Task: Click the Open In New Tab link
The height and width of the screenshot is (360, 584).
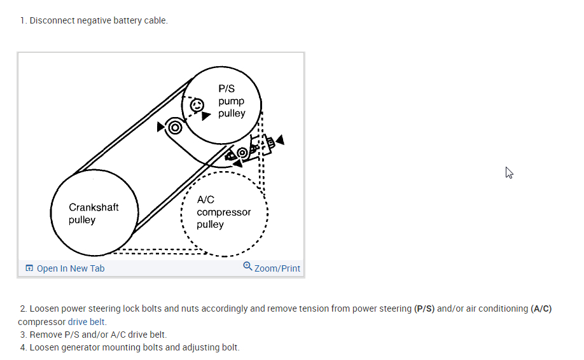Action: [70, 268]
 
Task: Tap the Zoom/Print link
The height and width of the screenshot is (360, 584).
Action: [277, 268]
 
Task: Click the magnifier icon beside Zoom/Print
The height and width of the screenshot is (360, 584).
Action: [247, 267]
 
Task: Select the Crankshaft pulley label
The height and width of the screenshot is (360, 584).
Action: [94, 214]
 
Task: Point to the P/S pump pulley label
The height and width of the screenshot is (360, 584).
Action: [231, 101]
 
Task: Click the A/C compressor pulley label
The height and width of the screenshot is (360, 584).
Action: [223, 212]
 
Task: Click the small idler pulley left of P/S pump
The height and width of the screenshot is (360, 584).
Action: [175, 127]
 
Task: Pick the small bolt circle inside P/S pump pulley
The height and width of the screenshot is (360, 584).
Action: [196, 105]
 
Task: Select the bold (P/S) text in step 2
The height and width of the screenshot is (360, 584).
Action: [426, 309]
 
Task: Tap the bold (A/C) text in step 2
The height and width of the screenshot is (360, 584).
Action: [541, 309]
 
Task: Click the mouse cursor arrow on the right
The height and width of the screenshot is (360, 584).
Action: [509, 172]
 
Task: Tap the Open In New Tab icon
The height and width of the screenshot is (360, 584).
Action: [29, 268]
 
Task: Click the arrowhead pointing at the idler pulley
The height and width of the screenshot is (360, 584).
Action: [160, 127]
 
